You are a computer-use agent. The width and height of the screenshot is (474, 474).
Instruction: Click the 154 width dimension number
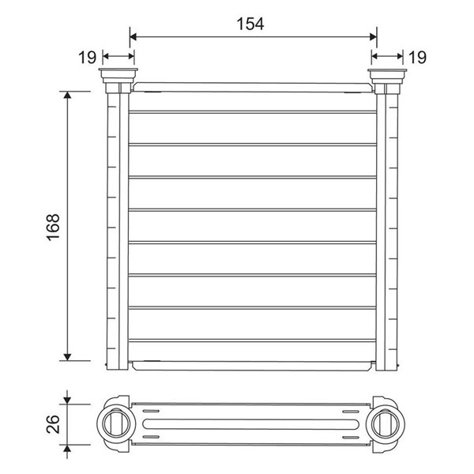[250, 24]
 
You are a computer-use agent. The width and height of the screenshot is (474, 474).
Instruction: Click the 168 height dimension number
[53, 227]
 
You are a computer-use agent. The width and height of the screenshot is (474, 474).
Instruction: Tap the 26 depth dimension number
[53, 424]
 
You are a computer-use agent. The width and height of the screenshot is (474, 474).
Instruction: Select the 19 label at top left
[88, 57]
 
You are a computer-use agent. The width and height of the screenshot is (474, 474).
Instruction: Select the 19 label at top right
[417, 57]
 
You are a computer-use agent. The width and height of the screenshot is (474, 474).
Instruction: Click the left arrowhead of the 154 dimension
[133, 37]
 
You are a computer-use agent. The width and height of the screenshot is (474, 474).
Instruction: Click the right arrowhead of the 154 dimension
[374, 37]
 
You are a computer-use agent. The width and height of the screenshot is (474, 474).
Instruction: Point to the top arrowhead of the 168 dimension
[67, 96]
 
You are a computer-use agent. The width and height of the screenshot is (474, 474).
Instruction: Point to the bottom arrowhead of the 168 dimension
[67, 357]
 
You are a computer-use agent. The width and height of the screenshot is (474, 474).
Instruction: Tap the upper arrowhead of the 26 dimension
[67, 401]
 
